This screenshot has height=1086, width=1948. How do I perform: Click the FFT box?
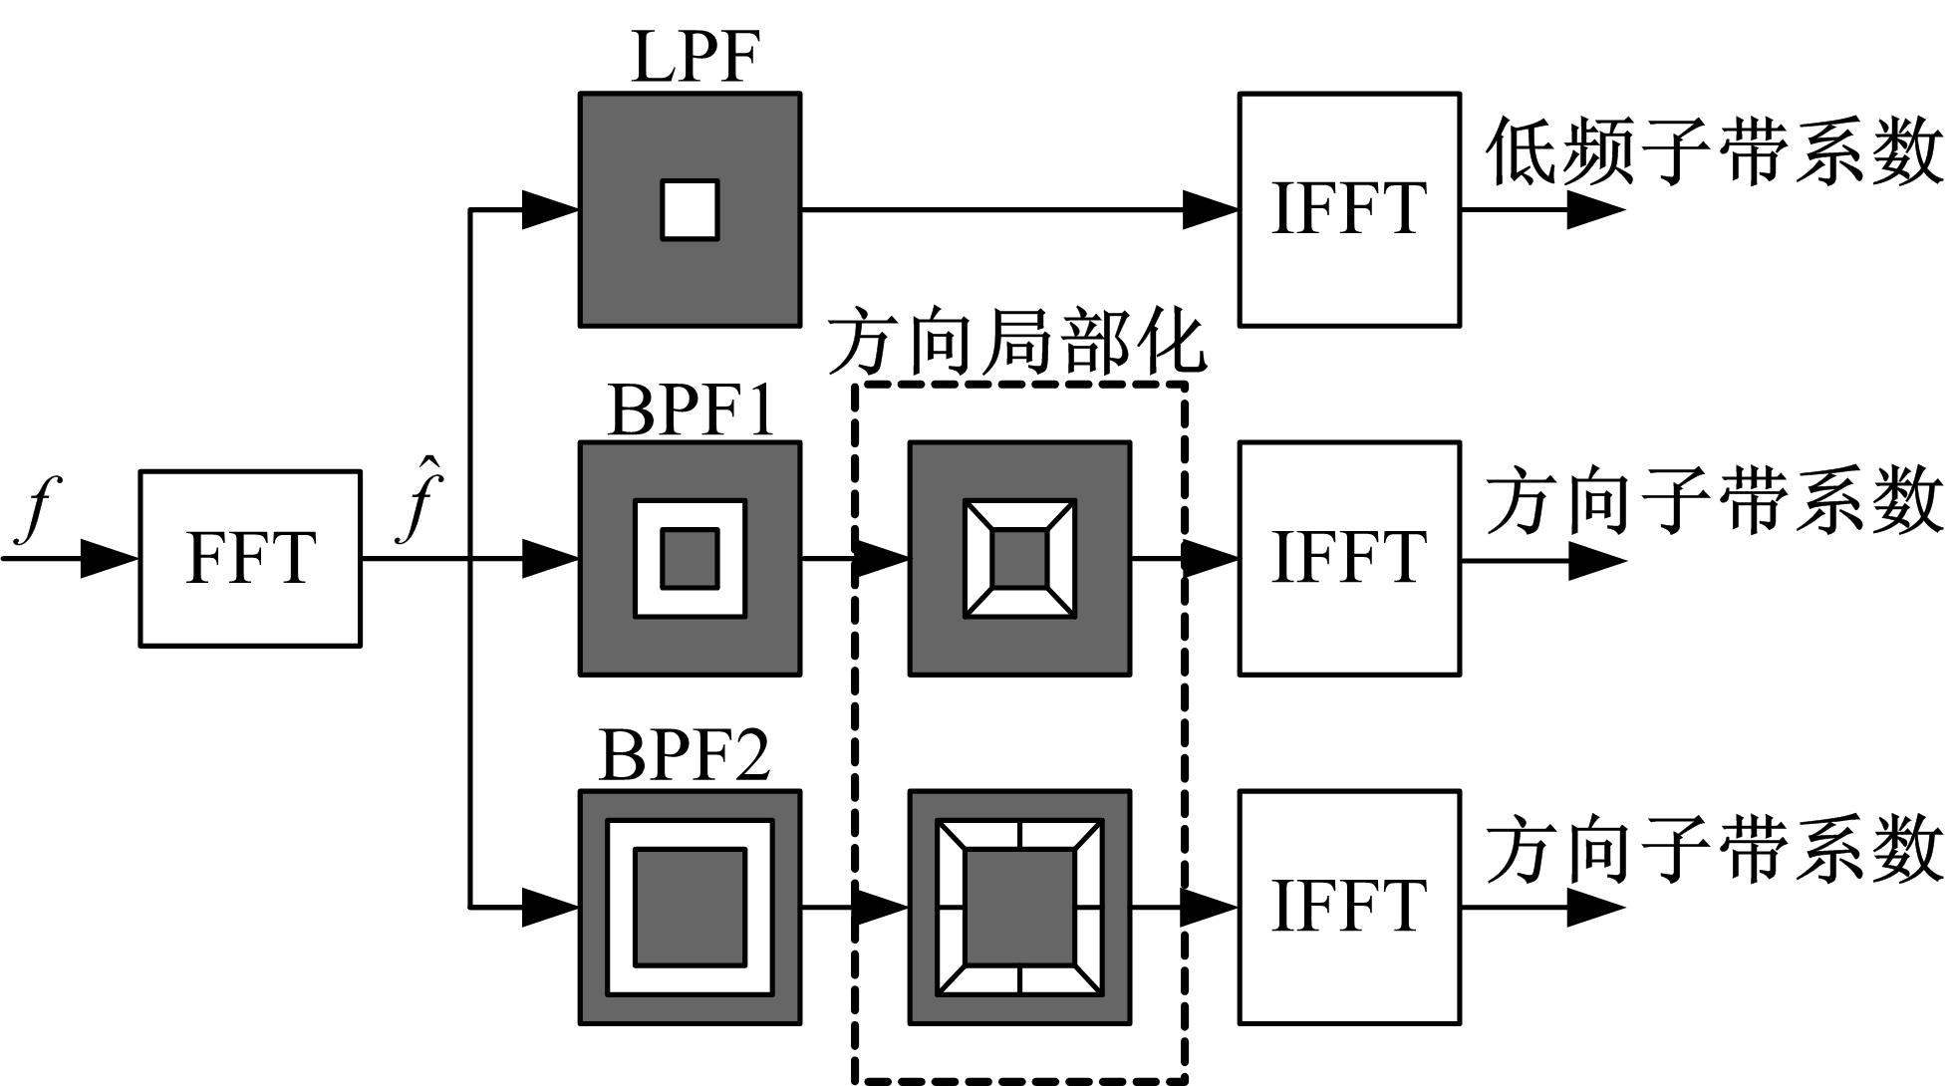coord(250,559)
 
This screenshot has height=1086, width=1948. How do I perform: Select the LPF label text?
coord(696,57)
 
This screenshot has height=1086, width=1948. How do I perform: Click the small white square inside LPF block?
coord(690,210)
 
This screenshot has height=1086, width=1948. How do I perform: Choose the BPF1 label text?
coord(691,410)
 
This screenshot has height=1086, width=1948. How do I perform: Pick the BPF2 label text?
coord(686,755)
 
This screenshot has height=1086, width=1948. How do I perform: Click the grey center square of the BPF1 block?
coord(690,559)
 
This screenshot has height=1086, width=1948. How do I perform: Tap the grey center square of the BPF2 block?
coord(690,908)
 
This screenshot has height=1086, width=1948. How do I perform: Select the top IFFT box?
coord(1349,210)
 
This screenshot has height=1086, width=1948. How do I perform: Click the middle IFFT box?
coord(1349,559)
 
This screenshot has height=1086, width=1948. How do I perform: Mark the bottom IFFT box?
coord(1349,908)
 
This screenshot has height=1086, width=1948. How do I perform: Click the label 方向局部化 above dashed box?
coord(1016,345)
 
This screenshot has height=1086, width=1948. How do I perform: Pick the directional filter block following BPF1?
coord(1019,559)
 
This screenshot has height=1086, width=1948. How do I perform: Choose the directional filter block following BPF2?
coord(1019,908)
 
